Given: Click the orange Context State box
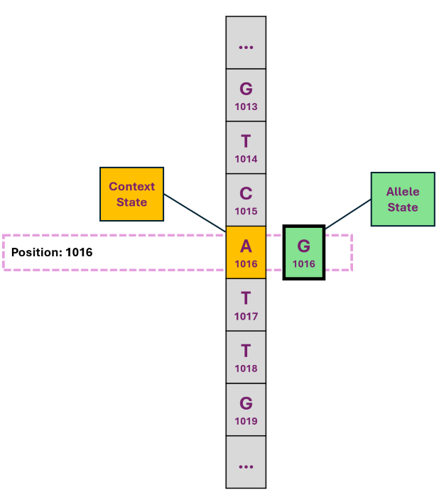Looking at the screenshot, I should click(x=131, y=194).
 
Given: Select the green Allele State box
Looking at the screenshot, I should click(x=402, y=199).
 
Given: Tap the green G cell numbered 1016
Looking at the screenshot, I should click(x=304, y=252).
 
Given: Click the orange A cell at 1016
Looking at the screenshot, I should click(x=246, y=252).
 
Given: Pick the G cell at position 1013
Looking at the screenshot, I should click(x=246, y=95).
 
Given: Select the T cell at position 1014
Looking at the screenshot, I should click(x=246, y=148).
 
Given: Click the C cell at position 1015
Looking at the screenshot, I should click(x=246, y=200).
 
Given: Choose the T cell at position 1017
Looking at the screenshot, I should click(x=246, y=305).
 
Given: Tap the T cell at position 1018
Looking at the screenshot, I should click(x=246, y=357).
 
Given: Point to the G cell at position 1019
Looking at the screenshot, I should click(x=246, y=410).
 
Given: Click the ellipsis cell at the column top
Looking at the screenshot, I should click(x=246, y=43).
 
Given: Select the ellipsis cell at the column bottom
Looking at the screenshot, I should click(x=246, y=462).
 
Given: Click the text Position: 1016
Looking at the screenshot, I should click(x=52, y=252).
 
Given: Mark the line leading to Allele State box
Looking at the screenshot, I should click(x=348, y=214).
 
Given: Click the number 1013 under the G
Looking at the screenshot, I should click(x=246, y=107).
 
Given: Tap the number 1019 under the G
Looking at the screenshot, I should click(x=246, y=422).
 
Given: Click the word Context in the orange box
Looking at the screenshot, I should click(x=131, y=187).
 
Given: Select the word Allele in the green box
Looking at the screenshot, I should click(x=402, y=192).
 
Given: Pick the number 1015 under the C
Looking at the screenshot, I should click(x=246, y=212).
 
